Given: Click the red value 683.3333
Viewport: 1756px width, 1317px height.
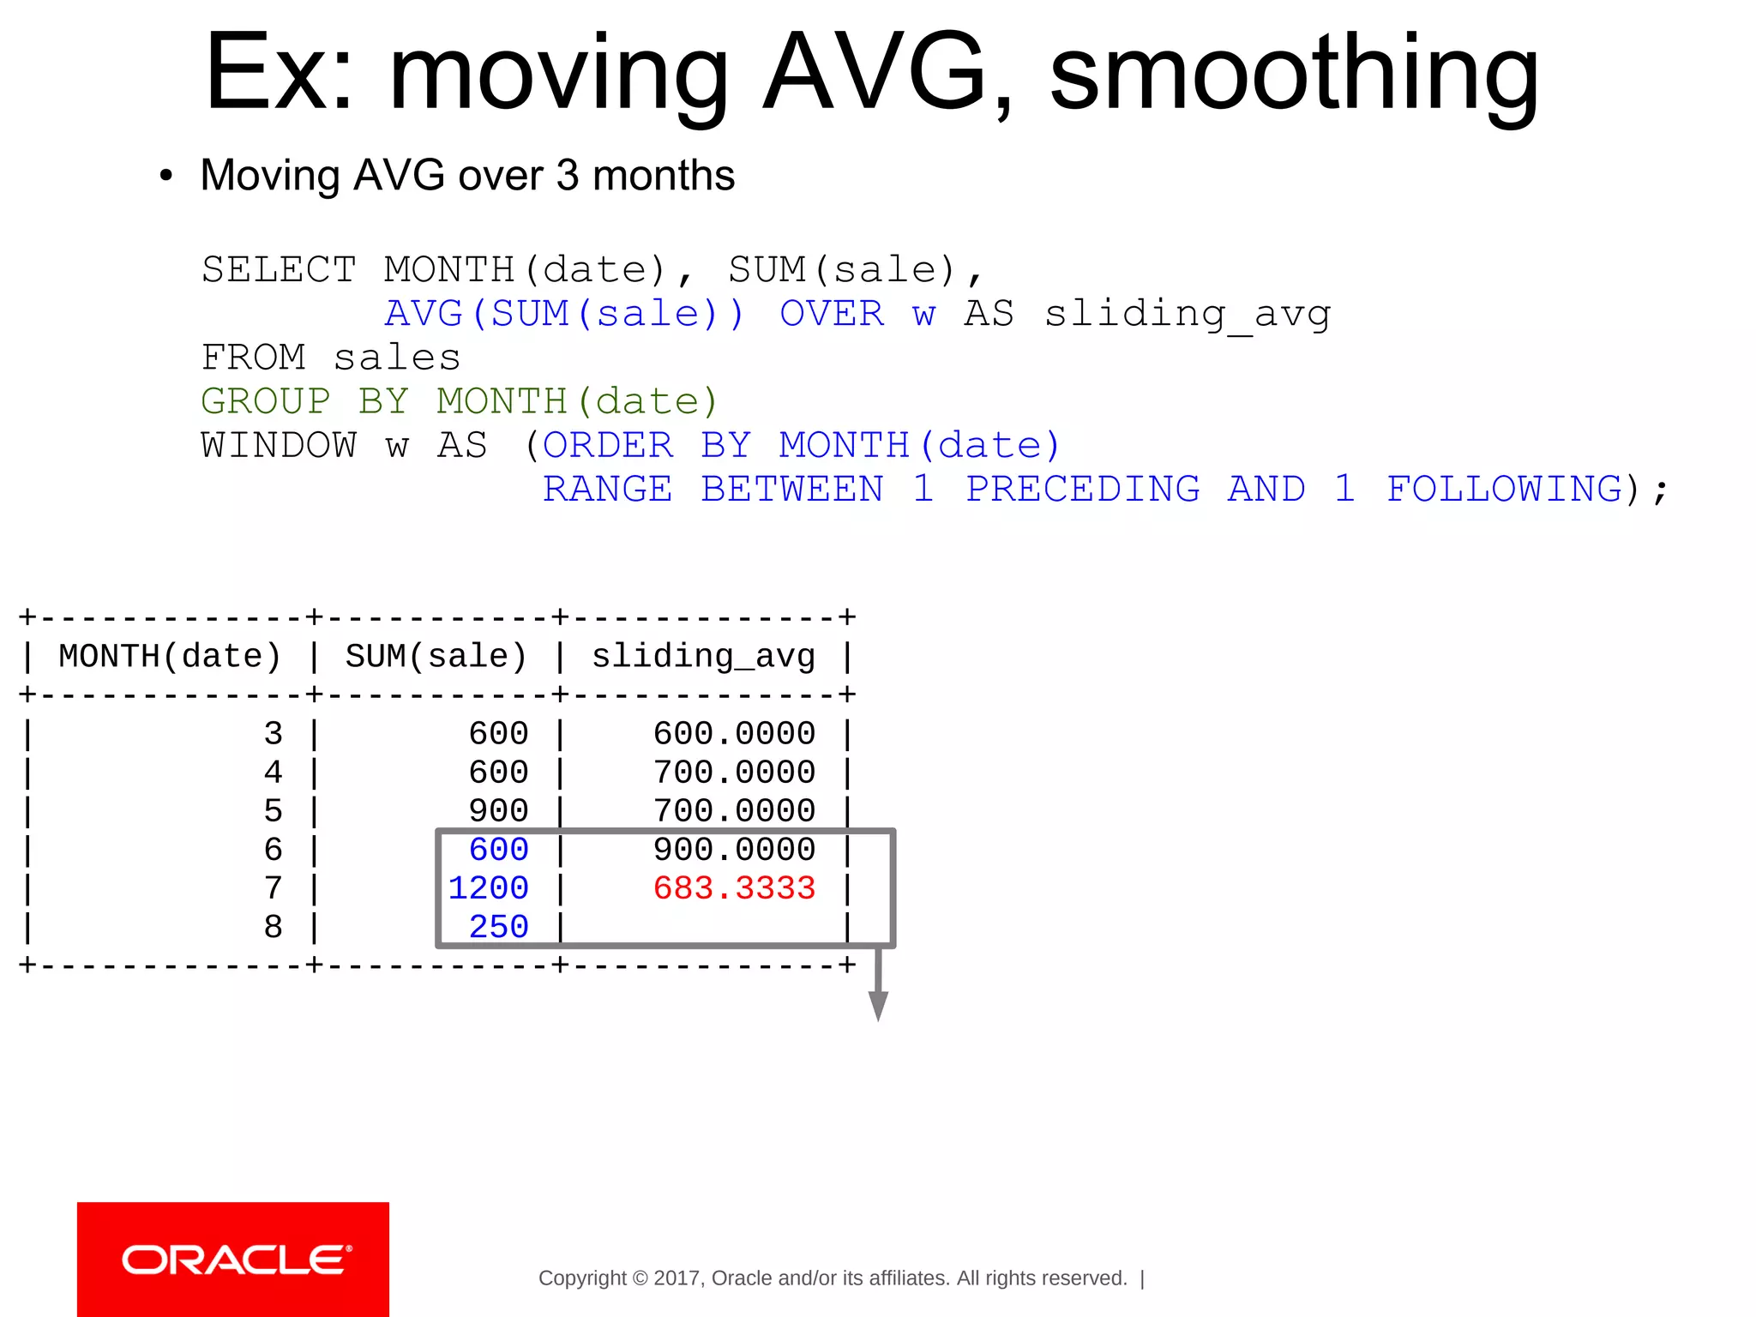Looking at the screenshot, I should click(x=734, y=888).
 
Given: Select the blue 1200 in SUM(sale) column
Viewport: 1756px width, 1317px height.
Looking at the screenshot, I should click(x=488, y=888).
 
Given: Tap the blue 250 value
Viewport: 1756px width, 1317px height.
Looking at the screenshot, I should click(x=498, y=927).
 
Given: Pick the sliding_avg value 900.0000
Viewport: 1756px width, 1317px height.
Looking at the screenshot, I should click(x=734, y=850).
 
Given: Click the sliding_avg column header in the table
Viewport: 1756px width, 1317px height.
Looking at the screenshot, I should click(x=703, y=657).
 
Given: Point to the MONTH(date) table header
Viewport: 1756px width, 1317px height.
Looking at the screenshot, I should click(x=170, y=657).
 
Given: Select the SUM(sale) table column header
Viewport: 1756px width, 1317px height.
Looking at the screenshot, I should click(x=436, y=657).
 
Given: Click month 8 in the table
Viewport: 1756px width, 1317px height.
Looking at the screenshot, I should click(x=273, y=927).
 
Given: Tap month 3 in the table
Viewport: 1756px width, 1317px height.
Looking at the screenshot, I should click(x=273, y=734).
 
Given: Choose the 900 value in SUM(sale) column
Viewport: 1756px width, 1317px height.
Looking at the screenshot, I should click(x=498, y=811).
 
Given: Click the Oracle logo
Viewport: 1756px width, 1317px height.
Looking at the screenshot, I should click(x=233, y=1260).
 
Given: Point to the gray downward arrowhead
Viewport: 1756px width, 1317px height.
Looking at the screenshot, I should click(x=878, y=1005).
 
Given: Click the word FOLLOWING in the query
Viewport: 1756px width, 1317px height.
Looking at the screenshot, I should click(x=1505, y=490).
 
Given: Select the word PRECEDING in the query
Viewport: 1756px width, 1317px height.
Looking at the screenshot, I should click(x=1083, y=490).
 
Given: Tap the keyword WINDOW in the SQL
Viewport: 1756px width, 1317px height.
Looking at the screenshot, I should click(x=279, y=446).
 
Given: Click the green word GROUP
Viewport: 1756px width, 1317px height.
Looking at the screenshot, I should click(x=266, y=401).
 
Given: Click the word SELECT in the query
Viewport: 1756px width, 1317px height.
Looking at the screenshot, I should click(x=279, y=270).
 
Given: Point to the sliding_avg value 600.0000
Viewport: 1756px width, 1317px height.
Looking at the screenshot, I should click(x=734, y=734).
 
